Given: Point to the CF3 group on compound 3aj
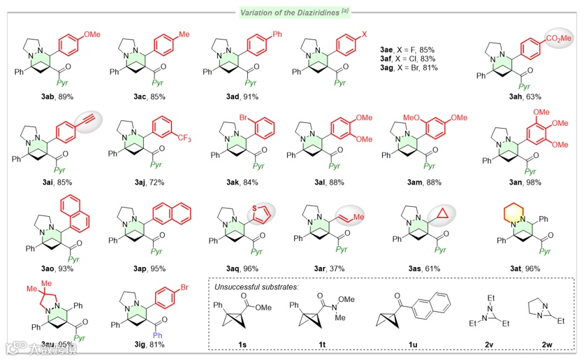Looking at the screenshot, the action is pos(185,137).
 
